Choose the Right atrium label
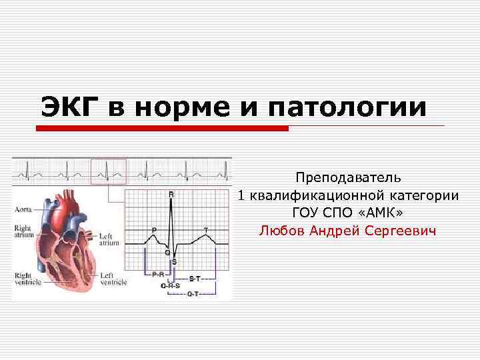click(23, 232)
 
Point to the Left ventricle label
click(113, 279)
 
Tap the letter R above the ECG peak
click(171, 194)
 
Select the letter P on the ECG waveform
click(155, 229)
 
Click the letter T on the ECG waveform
click(205, 230)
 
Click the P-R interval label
click(159, 274)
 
